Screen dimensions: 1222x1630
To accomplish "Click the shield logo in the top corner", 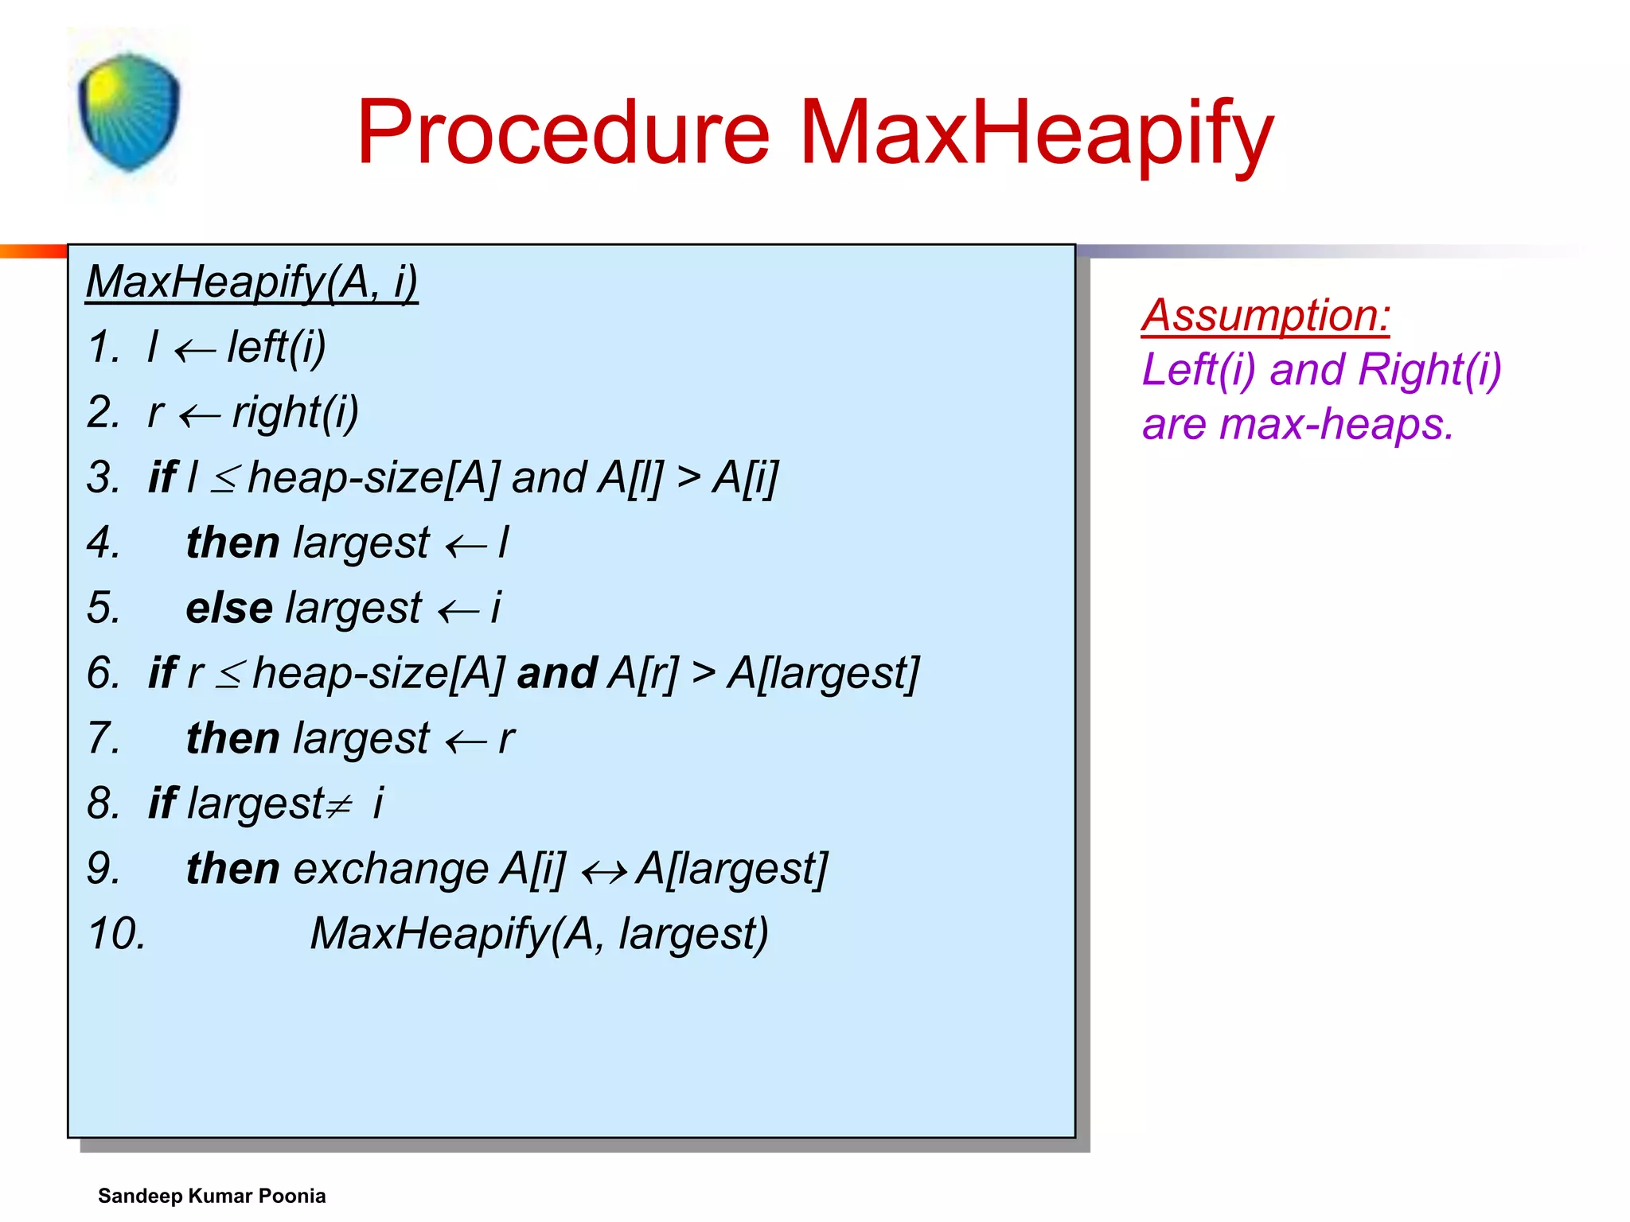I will pyautogui.click(x=129, y=112).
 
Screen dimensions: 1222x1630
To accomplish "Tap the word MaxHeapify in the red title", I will pyautogui.click(x=1035, y=134).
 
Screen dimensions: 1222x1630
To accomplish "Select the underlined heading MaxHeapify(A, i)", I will pyautogui.click(x=252, y=282).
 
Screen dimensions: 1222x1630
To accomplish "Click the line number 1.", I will pyautogui.click(x=103, y=348).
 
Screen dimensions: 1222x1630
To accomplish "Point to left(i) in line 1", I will pyautogui.click(x=276, y=348).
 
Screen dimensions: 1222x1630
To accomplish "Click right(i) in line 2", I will pyautogui.click(x=295, y=413).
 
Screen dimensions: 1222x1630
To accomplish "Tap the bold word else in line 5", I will pyautogui.click(x=229, y=609).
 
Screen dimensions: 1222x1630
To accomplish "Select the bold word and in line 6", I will pyautogui.click(x=556, y=674).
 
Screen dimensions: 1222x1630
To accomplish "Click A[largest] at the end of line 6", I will pyautogui.click(x=824, y=674).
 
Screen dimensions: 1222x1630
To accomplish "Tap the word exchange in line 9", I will pyautogui.click(x=390, y=870).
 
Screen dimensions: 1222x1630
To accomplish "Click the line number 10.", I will pyautogui.click(x=116, y=934).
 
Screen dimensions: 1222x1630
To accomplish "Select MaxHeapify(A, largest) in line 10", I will pyautogui.click(x=539, y=934).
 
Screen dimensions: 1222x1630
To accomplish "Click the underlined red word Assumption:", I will pyautogui.click(x=1265, y=316).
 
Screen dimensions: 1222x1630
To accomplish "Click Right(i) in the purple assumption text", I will pyautogui.click(x=1429, y=370).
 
